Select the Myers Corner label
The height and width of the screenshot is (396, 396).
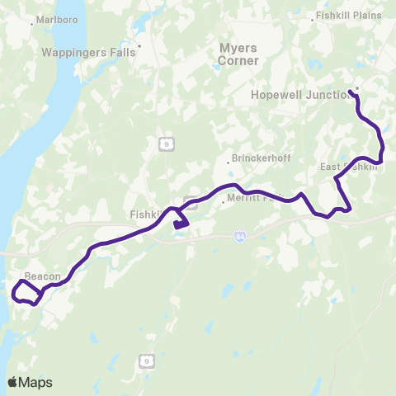pyautogui.click(x=238, y=54)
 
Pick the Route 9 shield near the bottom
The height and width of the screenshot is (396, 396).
pyautogui.click(x=147, y=361)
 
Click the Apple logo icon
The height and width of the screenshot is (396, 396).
pyautogui.click(x=12, y=382)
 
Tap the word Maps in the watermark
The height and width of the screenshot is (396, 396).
pyautogui.click(x=36, y=382)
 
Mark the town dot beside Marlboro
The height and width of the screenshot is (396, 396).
pyautogui.click(x=31, y=23)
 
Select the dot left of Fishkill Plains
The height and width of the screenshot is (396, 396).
pyautogui.click(x=312, y=16)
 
